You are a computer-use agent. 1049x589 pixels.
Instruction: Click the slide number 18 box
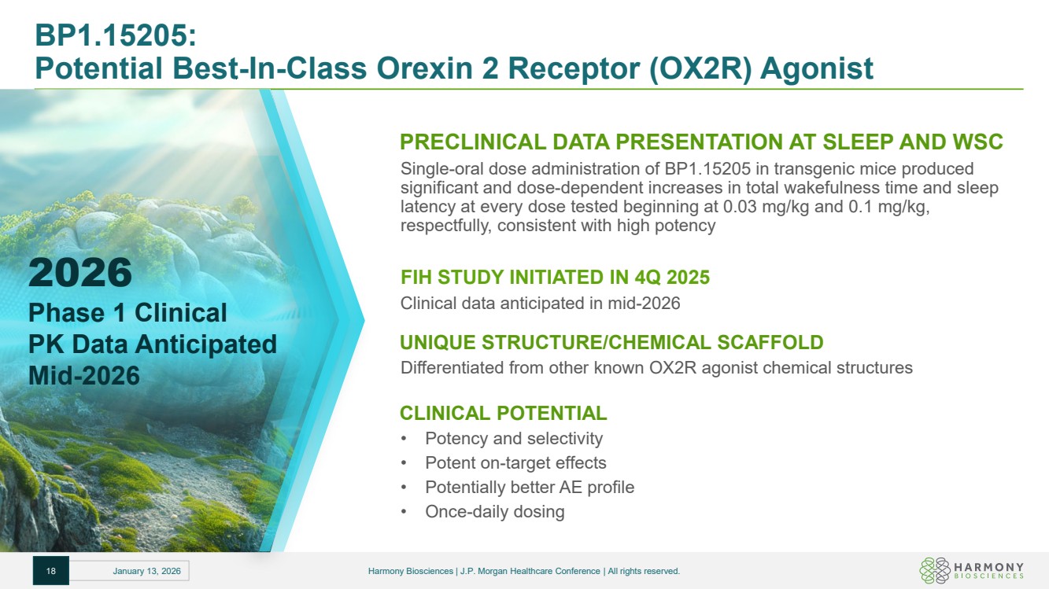coord(51,570)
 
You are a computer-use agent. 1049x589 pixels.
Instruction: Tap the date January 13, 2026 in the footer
coord(146,571)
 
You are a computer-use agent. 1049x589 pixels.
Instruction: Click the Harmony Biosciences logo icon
coord(935,570)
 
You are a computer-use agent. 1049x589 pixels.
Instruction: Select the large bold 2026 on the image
coord(80,272)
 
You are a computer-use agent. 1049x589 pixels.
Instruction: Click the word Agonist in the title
coord(817,68)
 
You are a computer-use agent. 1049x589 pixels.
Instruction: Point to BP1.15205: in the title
coord(116,35)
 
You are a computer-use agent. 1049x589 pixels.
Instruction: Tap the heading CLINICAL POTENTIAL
coord(503,413)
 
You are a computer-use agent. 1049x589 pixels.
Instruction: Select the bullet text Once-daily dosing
coord(494,511)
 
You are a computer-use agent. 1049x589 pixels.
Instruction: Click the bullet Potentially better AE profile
coord(530,487)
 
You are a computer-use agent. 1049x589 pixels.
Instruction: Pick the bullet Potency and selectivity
coord(514,438)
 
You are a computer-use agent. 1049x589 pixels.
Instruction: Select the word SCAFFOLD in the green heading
coord(770,342)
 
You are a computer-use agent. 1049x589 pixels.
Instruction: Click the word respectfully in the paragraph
coord(446,226)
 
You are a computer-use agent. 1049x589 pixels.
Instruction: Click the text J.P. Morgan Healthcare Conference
coord(530,571)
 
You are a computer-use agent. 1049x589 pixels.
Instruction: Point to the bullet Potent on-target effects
coord(515,462)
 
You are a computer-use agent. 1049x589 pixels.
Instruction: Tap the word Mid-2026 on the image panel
coord(84,375)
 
